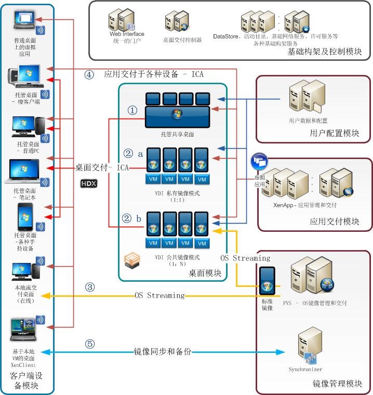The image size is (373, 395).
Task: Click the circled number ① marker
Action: click(132, 110)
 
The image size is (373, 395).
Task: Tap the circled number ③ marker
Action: click(90, 286)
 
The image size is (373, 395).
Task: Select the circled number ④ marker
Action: click(89, 74)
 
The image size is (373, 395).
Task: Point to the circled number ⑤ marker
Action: click(90, 344)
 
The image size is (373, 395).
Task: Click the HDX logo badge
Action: click(89, 183)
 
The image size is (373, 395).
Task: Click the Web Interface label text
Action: click(126, 34)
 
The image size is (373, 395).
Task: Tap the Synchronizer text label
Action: click(305, 370)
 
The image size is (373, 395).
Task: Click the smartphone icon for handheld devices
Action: click(25, 217)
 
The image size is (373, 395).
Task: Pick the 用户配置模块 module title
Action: click(334, 133)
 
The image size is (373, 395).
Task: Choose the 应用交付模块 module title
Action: click(334, 221)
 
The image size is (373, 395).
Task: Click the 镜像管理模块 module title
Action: click(337, 384)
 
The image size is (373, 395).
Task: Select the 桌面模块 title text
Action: click(205, 273)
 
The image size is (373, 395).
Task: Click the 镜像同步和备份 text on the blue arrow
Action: click(163, 352)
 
